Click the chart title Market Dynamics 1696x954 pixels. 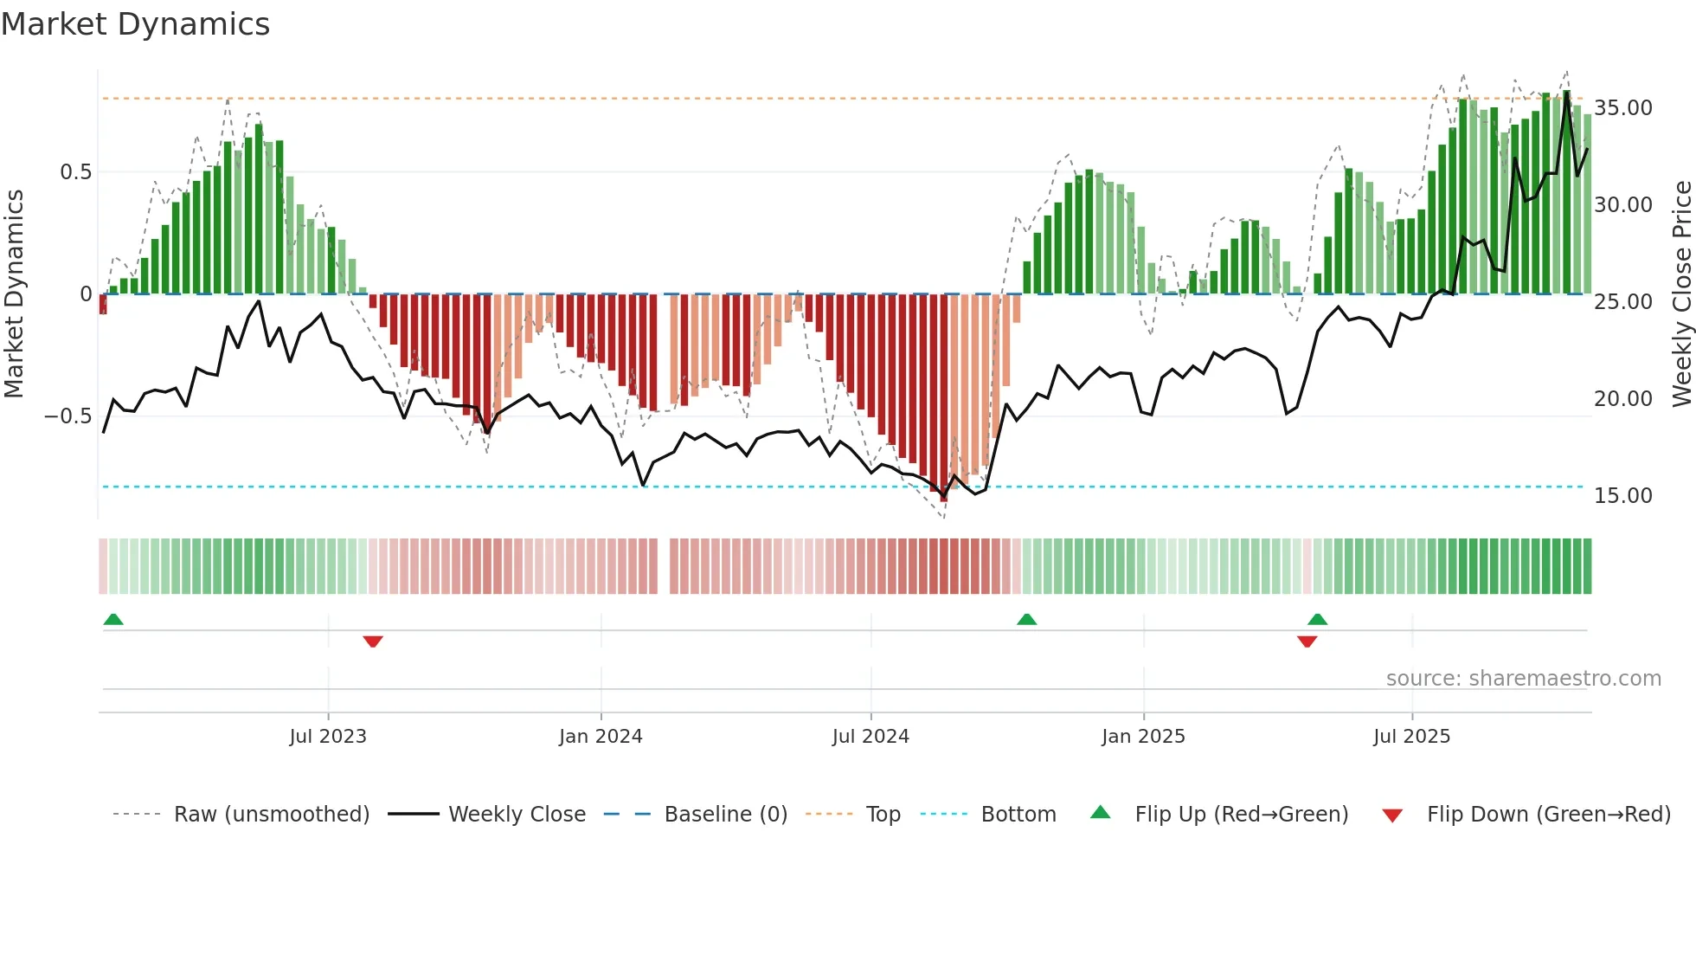[135, 24]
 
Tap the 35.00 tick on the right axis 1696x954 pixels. [1622, 108]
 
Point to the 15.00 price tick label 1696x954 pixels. [1622, 496]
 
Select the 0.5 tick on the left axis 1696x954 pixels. [75, 172]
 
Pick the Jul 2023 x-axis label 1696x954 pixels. [328, 737]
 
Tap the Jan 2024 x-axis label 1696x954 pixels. [601, 737]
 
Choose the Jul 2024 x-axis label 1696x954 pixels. [870, 737]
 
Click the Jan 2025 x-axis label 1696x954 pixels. [1143, 737]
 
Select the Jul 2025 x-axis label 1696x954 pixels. [1411, 737]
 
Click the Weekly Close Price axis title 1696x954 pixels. [1681, 293]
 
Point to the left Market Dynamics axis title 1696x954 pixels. [14, 293]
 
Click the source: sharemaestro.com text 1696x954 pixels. [1523, 679]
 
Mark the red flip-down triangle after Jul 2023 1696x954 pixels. [373, 641]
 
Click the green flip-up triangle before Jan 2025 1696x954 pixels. [1026, 619]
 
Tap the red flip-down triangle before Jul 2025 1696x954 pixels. [1307, 641]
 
